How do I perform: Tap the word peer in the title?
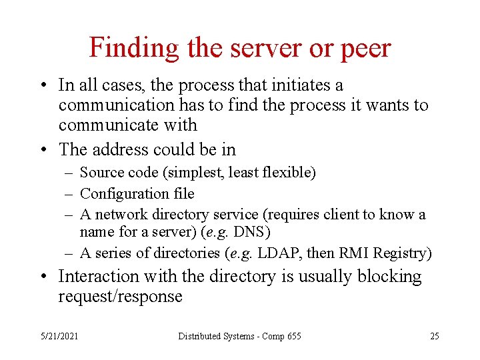365,48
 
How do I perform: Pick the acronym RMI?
347,253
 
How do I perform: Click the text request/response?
120,297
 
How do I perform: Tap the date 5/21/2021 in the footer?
59,336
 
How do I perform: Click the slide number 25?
435,336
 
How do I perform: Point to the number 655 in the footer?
293,336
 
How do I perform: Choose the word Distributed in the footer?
199,336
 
